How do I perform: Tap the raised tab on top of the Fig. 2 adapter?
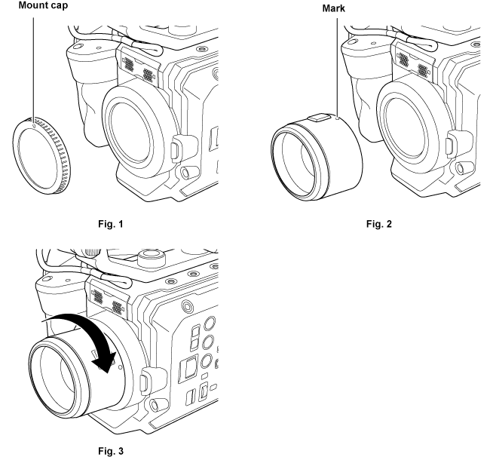pos(317,116)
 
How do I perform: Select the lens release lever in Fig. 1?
pos(176,146)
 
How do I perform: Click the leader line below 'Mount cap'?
pos(34,68)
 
